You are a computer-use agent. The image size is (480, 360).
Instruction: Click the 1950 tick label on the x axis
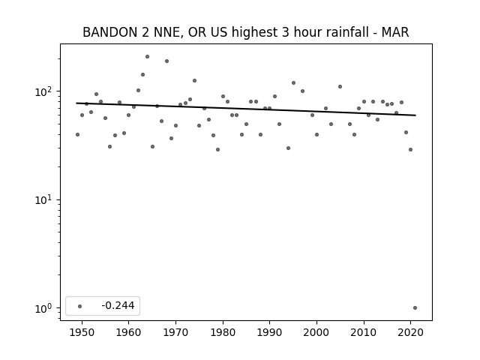tap(82, 332)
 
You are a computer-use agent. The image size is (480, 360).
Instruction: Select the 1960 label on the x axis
tap(128, 332)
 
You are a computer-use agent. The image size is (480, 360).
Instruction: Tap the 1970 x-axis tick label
tap(175, 332)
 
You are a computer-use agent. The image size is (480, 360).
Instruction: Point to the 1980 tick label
tap(223, 332)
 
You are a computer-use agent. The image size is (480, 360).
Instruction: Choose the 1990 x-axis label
tap(270, 332)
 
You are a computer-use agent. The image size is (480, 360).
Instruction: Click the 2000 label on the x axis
tap(316, 332)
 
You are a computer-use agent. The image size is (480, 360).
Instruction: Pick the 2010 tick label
tap(364, 332)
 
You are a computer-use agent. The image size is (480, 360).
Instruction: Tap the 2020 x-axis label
tap(410, 332)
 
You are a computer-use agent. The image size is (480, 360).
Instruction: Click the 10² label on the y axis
tap(45, 91)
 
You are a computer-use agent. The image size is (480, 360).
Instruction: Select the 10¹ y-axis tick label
tap(45, 199)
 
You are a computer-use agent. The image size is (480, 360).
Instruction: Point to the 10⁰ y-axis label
tap(45, 308)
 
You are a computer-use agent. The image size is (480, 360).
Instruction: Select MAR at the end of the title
tap(395, 32)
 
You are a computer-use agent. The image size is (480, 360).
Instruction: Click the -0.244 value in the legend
tap(118, 305)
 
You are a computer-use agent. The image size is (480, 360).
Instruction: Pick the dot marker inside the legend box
tap(79, 306)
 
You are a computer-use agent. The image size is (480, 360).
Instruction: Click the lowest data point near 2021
tap(415, 308)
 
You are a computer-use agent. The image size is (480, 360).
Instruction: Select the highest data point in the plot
tap(147, 57)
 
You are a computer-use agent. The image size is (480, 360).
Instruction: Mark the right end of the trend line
tap(415, 115)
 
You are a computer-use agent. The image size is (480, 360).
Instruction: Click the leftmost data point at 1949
tap(77, 135)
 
